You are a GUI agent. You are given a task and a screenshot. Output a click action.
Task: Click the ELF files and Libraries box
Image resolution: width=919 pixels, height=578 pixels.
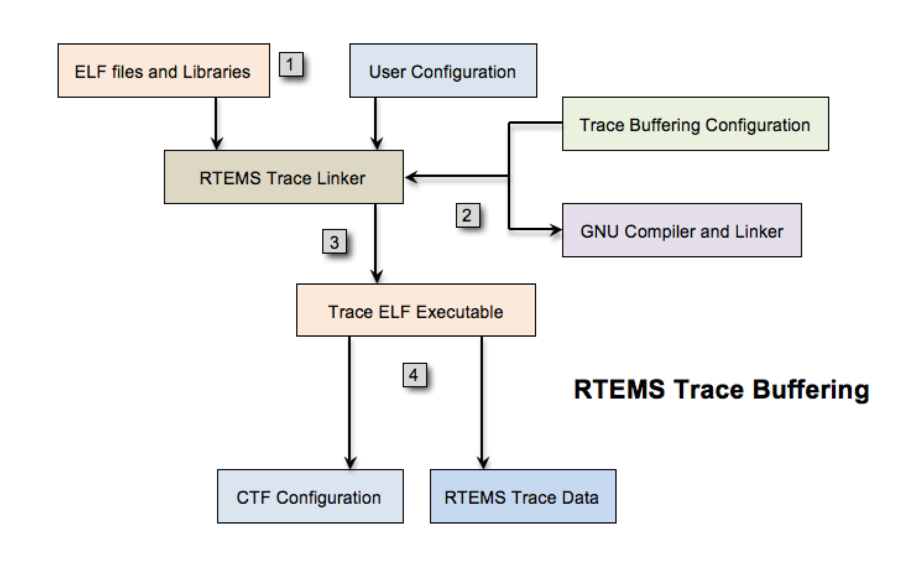[163, 71]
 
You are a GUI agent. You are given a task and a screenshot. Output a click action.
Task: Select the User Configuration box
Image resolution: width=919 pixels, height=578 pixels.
[443, 71]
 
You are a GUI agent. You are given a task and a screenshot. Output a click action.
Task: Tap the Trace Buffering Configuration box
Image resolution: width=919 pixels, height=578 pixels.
[695, 124]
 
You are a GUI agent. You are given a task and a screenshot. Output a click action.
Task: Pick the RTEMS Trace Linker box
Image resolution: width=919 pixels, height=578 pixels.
[283, 177]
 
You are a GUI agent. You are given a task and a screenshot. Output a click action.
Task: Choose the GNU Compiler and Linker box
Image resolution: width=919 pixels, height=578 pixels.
[682, 230]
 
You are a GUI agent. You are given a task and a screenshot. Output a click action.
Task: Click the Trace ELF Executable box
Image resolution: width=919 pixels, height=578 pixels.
[416, 310]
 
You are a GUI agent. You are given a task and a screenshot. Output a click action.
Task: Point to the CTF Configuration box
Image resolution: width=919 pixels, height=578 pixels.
[310, 496]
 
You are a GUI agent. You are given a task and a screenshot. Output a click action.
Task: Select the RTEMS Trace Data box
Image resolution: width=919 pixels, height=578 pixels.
[523, 496]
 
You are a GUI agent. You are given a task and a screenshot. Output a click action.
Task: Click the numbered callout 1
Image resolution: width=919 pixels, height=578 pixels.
[291, 64]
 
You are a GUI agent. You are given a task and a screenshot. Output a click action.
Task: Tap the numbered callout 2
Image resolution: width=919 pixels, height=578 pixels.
[468, 215]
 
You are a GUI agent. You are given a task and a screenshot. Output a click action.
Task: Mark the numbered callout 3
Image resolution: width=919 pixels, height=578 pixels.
[334, 241]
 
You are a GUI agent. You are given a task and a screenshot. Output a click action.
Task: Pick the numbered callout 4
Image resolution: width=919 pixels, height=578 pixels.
[414, 374]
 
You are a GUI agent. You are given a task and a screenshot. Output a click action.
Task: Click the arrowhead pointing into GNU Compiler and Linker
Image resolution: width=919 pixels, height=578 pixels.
[556, 230]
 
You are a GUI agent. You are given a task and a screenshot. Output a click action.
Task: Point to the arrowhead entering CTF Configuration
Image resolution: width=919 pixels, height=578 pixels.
[350, 462]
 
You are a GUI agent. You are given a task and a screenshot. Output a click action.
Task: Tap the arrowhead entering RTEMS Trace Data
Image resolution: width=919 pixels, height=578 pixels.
[483, 462]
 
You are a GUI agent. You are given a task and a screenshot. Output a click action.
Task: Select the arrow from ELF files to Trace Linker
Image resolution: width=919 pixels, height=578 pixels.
[216, 123]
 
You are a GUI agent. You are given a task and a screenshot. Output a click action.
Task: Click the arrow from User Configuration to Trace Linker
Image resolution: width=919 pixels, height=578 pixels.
[376, 123]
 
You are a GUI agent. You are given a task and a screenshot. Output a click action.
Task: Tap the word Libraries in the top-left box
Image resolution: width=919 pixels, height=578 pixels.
[216, 72]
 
